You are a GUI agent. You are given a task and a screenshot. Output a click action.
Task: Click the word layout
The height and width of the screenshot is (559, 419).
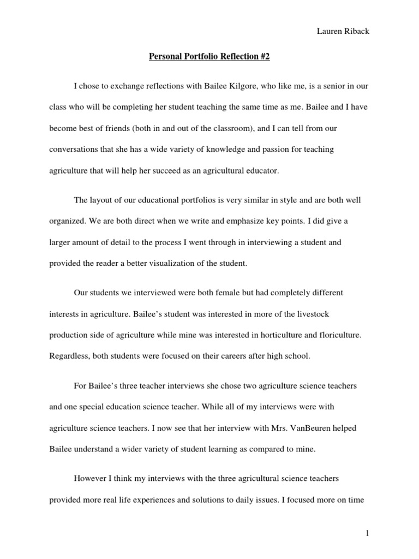tap(100, 200)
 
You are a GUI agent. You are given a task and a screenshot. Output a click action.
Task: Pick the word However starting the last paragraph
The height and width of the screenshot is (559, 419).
tap(91, 479)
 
